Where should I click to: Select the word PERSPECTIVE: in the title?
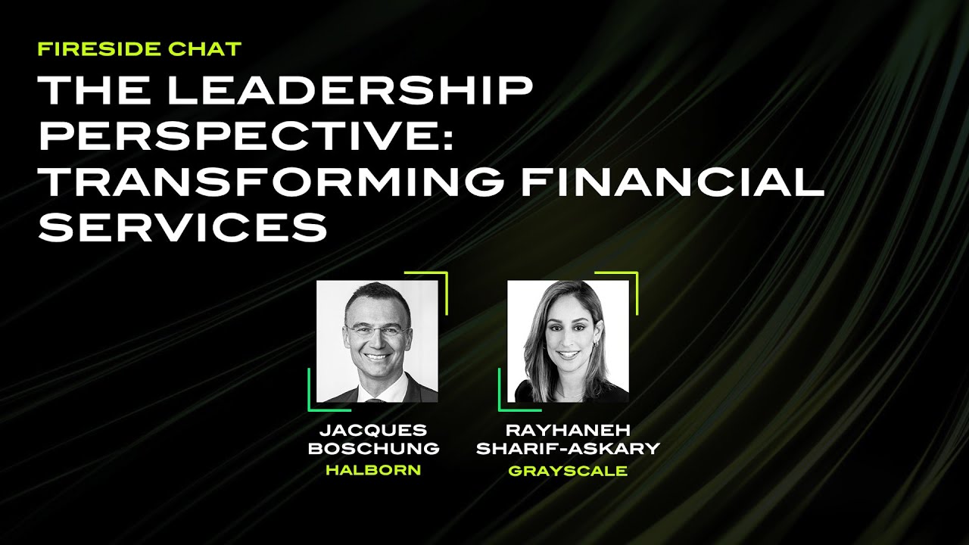245,136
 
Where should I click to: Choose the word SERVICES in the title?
182,227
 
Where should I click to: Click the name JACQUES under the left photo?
373,430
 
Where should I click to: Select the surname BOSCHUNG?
373,448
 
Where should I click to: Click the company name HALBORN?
373,470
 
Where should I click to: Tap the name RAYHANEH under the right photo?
568,430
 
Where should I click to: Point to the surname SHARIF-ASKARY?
568,448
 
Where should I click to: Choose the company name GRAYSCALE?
568,470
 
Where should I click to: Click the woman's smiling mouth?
566,353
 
